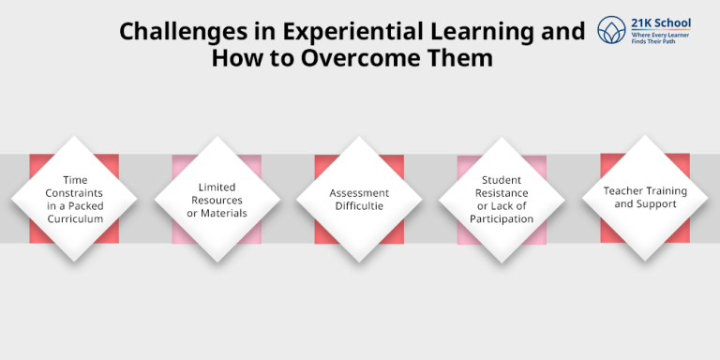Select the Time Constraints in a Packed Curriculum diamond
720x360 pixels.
74,199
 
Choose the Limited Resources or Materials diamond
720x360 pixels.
217,199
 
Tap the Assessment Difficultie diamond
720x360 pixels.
359,199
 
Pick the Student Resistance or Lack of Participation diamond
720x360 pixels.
502,199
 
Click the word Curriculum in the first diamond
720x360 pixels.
75,219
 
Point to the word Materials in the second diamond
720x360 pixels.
225,213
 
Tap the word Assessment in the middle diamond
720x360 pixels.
359,193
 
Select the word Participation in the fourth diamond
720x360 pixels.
502,219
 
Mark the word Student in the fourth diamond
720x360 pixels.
502,179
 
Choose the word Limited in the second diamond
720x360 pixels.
217,187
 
